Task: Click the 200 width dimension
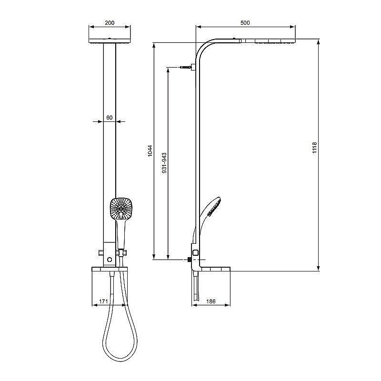[x=110, y=23]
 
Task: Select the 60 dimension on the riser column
[x=109, y=117]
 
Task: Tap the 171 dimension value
[x=102, y=302]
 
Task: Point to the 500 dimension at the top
[x=245, y=22]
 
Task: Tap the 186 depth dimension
[x=211, y=302]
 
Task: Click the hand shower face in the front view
[x=121, y=208]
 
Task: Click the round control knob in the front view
[x=110, y=260]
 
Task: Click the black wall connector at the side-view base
[x=190, y=260]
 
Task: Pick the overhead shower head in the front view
[x=110, y=41]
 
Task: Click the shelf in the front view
[x=109, y=270]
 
